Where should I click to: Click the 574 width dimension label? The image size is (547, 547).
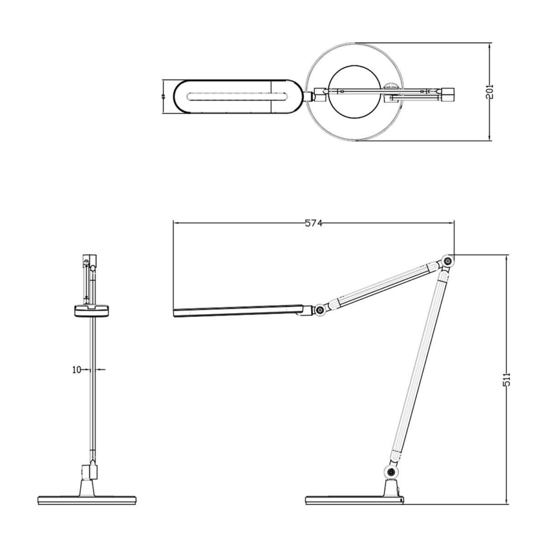coord(314,223)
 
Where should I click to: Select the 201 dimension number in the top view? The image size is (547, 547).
coord(490,92)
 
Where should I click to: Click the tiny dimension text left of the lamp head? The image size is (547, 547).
coord(163,97)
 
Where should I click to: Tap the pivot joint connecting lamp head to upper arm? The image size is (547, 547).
coord(320,310)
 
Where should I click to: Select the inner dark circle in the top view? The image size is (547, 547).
coord(355,92)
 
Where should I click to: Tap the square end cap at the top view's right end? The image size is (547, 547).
coord(449,95)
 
